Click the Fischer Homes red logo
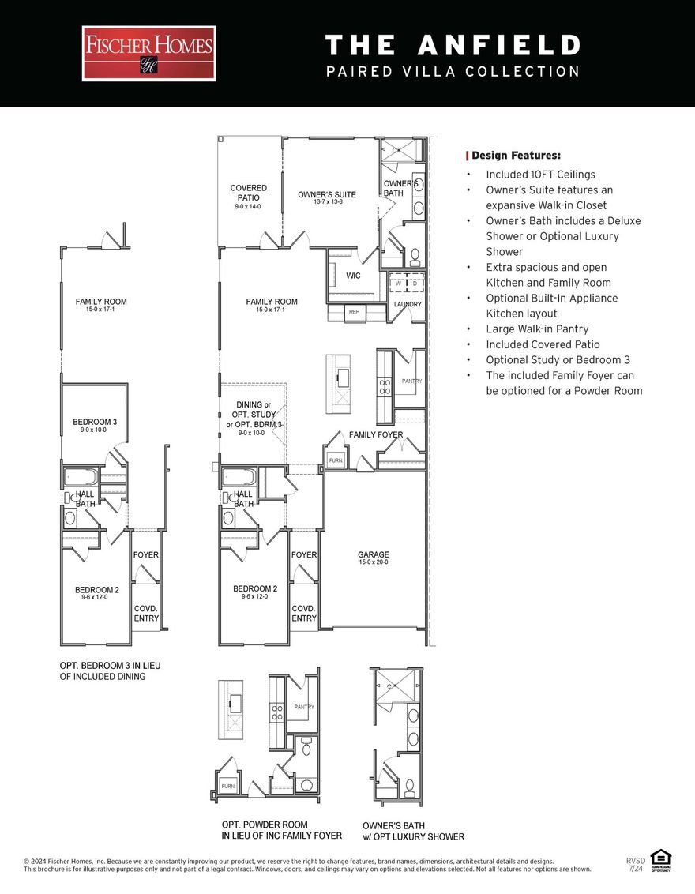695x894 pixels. point(148,53)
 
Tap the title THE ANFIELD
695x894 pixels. point(453,45)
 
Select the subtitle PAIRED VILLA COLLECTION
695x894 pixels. point(453,72)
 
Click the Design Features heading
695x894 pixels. point(516,156)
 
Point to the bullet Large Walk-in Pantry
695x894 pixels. point(537,329)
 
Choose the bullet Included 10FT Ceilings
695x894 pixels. point(540,175)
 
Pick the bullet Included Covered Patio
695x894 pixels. point(543,344)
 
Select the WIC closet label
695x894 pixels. point(353,276)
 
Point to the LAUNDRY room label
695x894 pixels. point(408,304)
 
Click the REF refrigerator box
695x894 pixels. point(355,312)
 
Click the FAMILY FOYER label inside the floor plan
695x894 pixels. point(376,434)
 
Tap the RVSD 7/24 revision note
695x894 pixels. point(635,864)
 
